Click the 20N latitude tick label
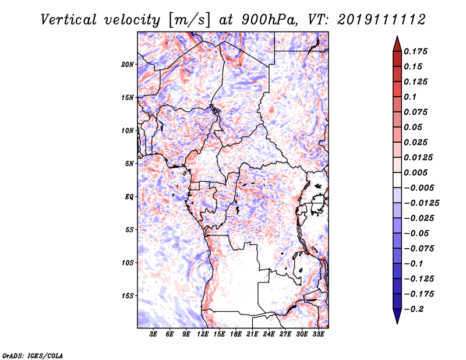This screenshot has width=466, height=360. [x=128, y=64]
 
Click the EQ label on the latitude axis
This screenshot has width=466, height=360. [x=129, y=196]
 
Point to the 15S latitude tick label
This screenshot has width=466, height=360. [x=128, y=295]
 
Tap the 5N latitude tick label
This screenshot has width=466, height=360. [x=129, y=163]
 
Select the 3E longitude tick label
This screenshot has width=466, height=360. [x=154, y=334]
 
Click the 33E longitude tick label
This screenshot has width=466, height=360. [x=319, y=334]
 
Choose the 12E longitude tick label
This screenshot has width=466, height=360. [x=203, y=334]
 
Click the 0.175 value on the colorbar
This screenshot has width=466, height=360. [x=416, y=51]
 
